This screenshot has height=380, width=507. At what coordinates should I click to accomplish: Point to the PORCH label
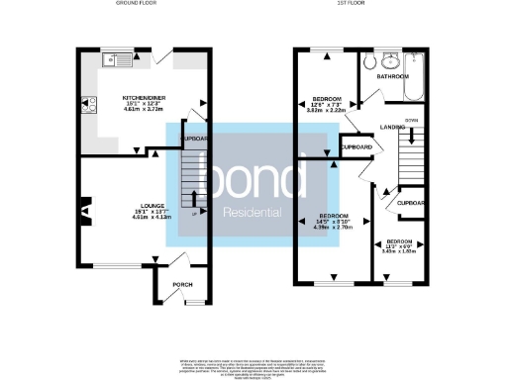(182, 285)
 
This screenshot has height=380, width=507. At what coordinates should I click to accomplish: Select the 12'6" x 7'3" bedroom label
(328, 105)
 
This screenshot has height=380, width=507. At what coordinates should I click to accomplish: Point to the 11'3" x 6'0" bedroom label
(400, 246)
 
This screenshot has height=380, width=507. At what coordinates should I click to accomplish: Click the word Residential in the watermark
(238, 210)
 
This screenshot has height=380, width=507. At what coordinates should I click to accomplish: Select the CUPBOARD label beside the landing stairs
(356, 148)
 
